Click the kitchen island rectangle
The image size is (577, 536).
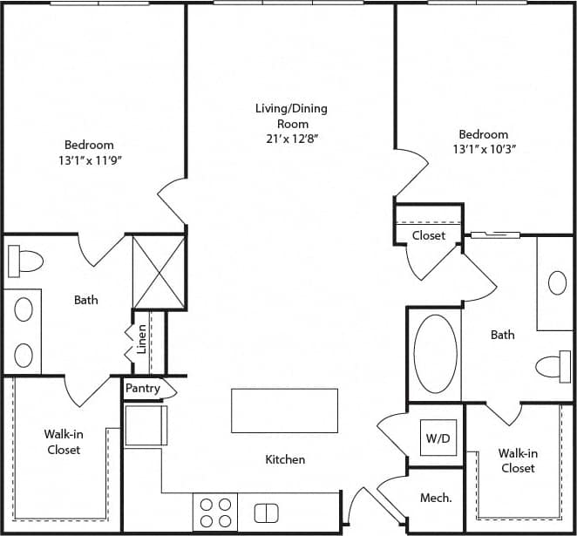click(x=284, y=410)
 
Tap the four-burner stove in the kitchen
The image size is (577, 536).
click(x=214, y=512)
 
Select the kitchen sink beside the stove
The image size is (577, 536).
click(x=266, y=512)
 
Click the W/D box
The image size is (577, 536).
click(x=437, y=437)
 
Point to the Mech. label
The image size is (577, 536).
click(x=436, y=498)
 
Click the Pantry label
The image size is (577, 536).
click(x=143, y=389)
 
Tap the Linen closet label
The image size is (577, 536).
click(x=141, y=341)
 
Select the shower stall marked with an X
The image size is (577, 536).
click(x=159, y=272)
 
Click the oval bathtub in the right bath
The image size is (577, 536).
click(x=435, y=354)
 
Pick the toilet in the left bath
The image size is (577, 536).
click(x=25, y=260)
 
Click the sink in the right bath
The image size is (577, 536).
click(x=557, y=282)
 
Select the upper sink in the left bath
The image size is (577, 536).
click(x=24, y=309)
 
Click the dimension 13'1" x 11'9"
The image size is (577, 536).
click(x=89, y=160)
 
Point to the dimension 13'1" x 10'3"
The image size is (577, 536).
click(x=484, y=149)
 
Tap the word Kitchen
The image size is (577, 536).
click(x=285, y=459)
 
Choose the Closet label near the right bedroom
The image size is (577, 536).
click(x=429, y=235)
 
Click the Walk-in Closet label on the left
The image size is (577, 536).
click(x=63, y=442)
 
